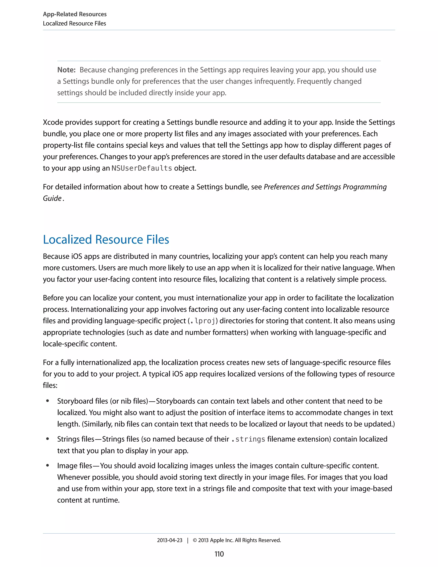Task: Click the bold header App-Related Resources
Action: (x=75, y=14)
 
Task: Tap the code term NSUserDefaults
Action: (x=142, y=168)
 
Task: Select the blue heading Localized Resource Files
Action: (x=106, y=239)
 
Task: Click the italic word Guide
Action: (x=52, y=198)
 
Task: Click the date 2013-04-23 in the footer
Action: (x=170, y=540)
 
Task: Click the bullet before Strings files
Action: (x=47, y=439)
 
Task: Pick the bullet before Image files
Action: (x=47, y=466)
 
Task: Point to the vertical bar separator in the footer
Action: (x=188, y=540)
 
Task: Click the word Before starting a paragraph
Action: (x=54, y=298)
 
